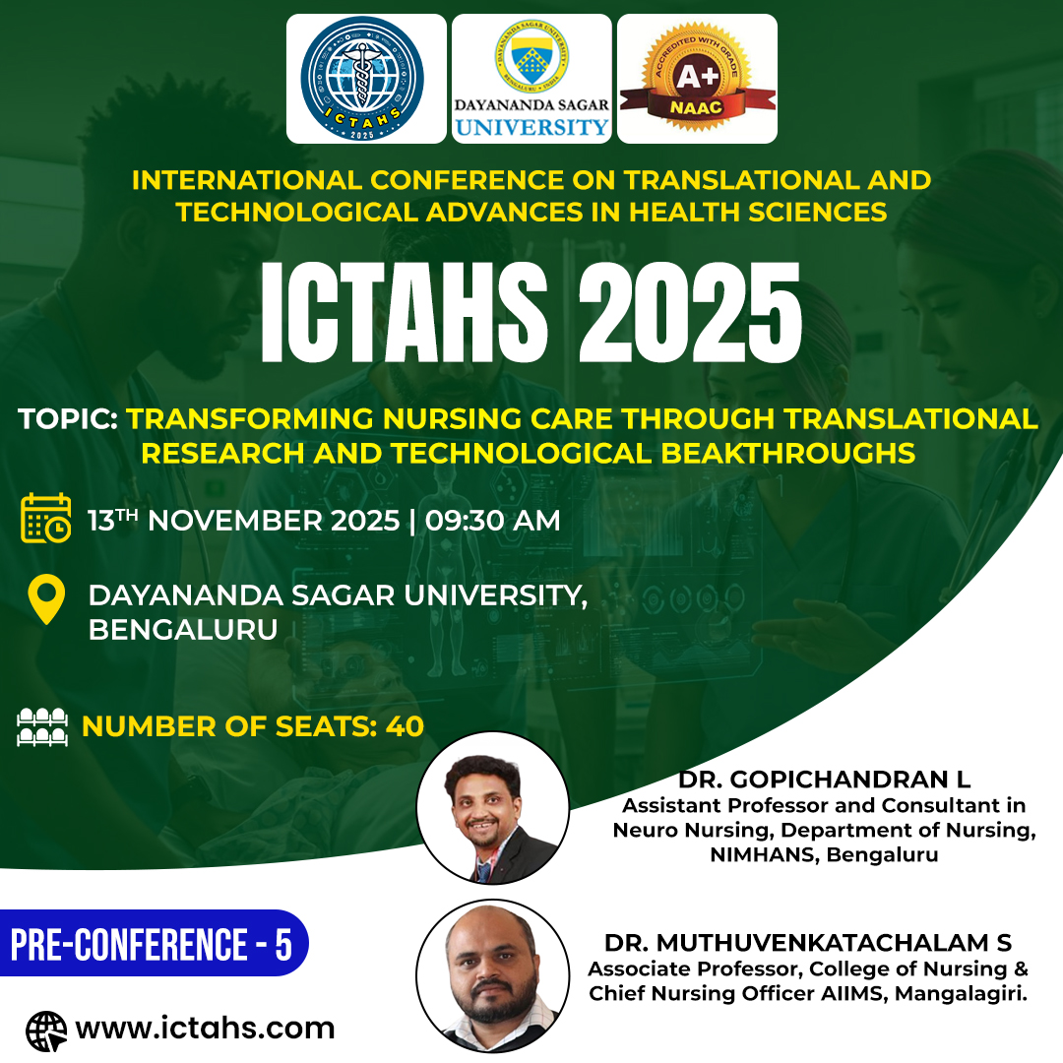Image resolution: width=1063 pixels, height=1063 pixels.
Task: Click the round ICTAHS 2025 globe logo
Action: [x=362, y=78]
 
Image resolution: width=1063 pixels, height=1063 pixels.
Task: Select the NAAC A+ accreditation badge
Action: [x=697, y=77]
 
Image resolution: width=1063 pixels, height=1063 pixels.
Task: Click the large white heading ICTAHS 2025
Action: [x=531, y=313]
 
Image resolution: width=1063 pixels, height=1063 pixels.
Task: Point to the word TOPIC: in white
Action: [x=68, y=419]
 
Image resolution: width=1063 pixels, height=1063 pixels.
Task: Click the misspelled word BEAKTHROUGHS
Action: [x=787, y=454]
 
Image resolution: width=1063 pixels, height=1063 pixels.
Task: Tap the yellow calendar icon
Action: [x=46, y=519]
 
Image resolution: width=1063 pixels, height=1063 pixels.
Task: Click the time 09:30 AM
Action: [x=493, y=521]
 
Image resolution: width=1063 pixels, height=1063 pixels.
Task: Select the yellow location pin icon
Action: [x=46, y=599]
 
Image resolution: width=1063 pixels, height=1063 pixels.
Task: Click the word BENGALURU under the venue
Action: [x=183, y=630]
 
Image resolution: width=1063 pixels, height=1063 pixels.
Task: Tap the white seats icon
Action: [x=42, y=726]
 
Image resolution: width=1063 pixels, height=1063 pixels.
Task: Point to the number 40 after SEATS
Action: [x=405, y=726]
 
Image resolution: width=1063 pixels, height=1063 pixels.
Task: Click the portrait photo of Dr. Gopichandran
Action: [x=493, y=807]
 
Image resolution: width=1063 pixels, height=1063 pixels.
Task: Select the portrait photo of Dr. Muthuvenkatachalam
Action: [x=493, y=975]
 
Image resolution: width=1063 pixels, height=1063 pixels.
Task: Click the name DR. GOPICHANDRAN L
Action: [x=825, y=780]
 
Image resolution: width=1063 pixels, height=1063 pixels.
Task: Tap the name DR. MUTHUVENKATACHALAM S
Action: [x=808, y=943]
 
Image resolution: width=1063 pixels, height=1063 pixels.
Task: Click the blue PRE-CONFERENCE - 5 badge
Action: [x=154, y=943]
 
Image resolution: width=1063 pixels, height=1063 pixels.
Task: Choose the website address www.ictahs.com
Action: [x=206, y=1029]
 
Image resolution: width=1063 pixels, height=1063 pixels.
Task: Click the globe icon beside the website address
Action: [x=46, y=1032]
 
